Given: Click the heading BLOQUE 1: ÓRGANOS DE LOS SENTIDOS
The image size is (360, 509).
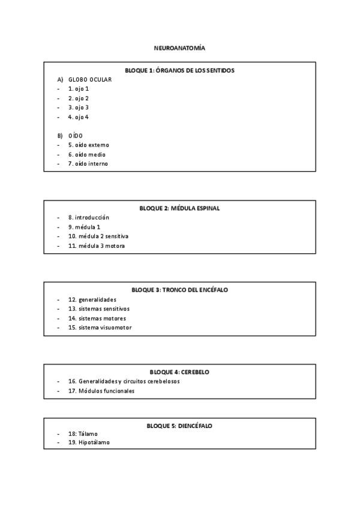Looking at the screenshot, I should coord(179,70).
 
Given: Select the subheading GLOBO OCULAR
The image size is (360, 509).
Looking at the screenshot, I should coord(90,79).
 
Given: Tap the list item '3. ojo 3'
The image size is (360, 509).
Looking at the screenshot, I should coord(79,107).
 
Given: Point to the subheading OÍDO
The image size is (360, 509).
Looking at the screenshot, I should coord(76,136).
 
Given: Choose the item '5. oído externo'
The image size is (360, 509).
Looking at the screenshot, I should coord(89,145).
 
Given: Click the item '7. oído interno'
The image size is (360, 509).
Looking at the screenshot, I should coord(88,163).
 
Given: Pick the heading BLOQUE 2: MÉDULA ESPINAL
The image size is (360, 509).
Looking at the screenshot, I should coord(179,208).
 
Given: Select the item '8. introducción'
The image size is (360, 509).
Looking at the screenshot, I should coord(89,217).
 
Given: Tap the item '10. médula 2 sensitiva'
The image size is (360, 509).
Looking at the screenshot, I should coord(98,236).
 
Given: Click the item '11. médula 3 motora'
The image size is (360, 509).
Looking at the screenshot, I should coord(97,245).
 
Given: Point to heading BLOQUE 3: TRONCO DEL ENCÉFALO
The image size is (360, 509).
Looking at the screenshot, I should coord(179,290).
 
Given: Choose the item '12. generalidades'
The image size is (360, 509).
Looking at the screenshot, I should coord(92,299).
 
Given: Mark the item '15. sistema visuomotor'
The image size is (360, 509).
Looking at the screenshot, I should coord(100,327).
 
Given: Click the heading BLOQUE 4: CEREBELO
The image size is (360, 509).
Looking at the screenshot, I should coord(179,372).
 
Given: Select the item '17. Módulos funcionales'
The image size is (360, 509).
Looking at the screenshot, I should coord(101,391).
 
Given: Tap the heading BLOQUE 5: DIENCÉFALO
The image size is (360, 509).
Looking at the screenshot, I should coord(179,426).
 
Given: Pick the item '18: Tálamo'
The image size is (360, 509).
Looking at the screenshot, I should coord(83,433).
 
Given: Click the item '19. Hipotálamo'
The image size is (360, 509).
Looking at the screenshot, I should coord(89,442).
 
